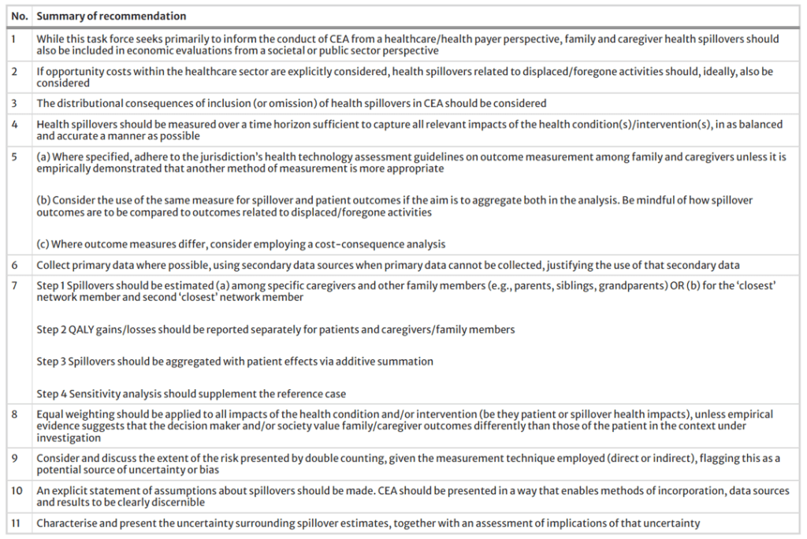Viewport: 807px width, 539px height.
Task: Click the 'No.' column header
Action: click(x=19, y=16)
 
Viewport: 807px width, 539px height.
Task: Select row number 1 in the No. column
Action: click(x=15, y=39)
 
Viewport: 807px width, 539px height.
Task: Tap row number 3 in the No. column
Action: click(x=15, y=103)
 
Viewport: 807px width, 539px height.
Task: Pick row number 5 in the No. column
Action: click(x=15, y=158)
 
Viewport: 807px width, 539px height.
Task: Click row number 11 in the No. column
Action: click(x=17, y=523)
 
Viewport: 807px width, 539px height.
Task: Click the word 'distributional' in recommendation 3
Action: click(x=87, y=103)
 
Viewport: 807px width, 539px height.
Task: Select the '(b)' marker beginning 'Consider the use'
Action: click(x=44, y=201)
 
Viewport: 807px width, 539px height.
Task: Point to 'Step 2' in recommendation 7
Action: click(x=51, y=329)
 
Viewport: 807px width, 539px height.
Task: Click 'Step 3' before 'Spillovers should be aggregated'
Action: click(x=51, y=362)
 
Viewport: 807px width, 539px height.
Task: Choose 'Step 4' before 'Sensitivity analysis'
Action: click(x=51, y=394)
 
